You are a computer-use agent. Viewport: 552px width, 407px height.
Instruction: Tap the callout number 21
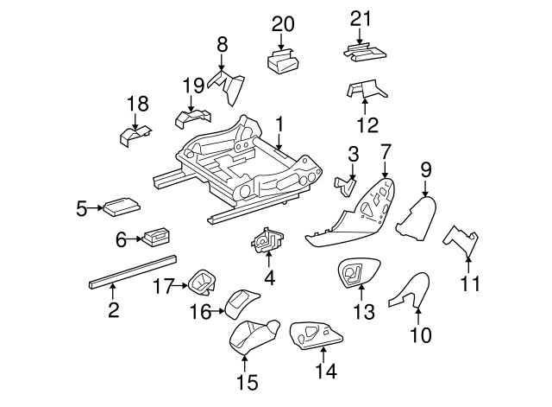click(361, 18)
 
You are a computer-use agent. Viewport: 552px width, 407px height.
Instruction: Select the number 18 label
click(138, 105)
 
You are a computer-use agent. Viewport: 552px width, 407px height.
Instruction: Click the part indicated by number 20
click(285, 62)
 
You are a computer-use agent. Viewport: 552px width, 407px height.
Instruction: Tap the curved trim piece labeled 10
click(410, 290)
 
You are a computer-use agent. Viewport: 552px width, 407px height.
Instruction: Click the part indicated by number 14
click(316, 334)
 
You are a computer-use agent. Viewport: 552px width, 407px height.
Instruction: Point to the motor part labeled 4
click(267, 239)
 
